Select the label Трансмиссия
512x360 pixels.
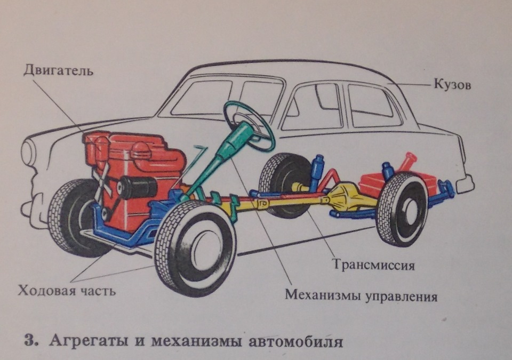click(x=373, y=265)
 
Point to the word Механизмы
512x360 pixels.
click(x=324, y=295)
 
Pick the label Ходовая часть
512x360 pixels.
click(x=67, y=291)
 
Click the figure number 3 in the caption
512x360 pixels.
click(x=29, y=340)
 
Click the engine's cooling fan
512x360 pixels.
click(x=101, y=181)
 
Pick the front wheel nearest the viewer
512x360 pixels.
click(x=195, y=247)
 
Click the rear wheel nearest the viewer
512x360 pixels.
click(x=402, y=209)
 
